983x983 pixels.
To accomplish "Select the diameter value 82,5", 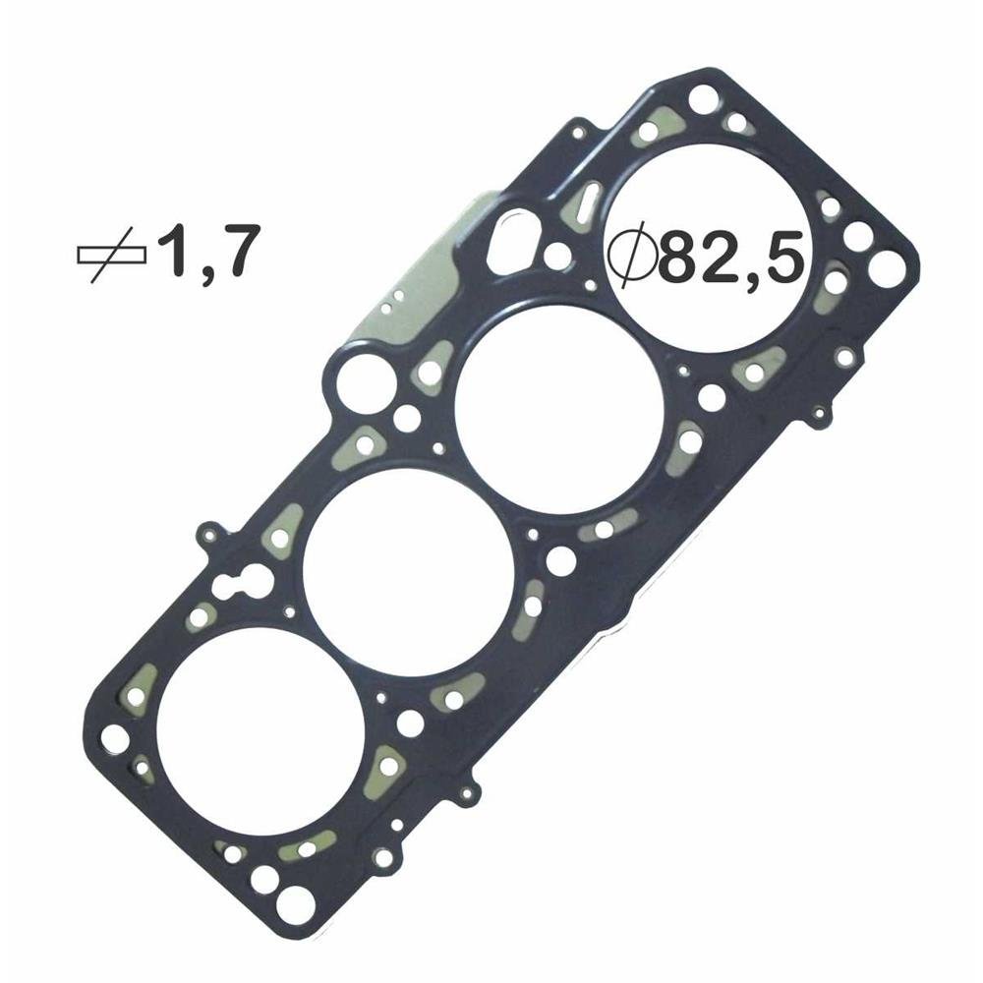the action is pyautogui.click(x=731, y=257).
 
